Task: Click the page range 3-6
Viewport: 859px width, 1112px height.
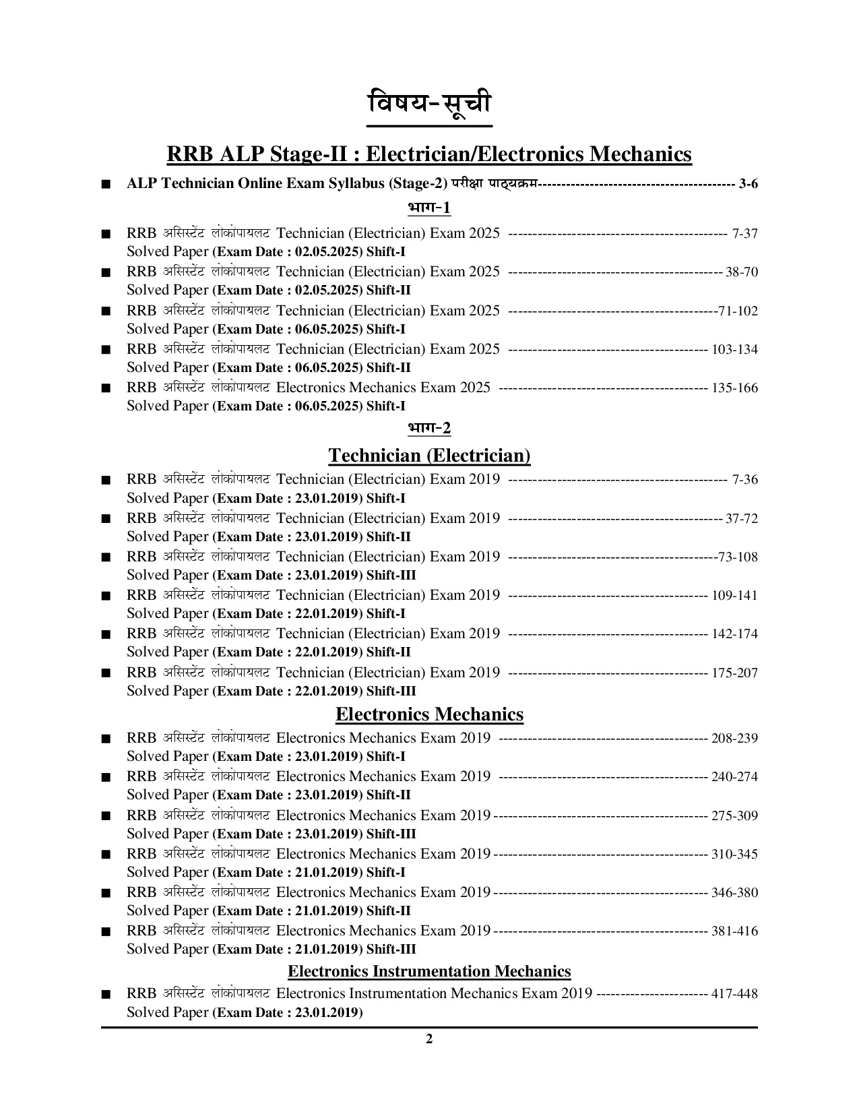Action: tap(748, 183)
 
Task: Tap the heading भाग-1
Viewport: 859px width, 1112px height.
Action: tap(429, 208)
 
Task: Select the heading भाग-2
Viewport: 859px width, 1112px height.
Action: tap(429, 428)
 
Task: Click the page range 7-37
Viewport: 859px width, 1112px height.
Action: tap(744, 234)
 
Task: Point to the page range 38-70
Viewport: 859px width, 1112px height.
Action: tap(742, 272)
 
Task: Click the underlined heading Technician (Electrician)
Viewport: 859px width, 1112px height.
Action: tap(429, 456)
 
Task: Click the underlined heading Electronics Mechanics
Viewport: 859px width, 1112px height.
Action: tap(429, 714)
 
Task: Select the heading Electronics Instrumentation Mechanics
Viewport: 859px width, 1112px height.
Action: tap(429, 971)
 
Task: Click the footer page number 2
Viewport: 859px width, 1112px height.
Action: tap(429, 1039)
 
